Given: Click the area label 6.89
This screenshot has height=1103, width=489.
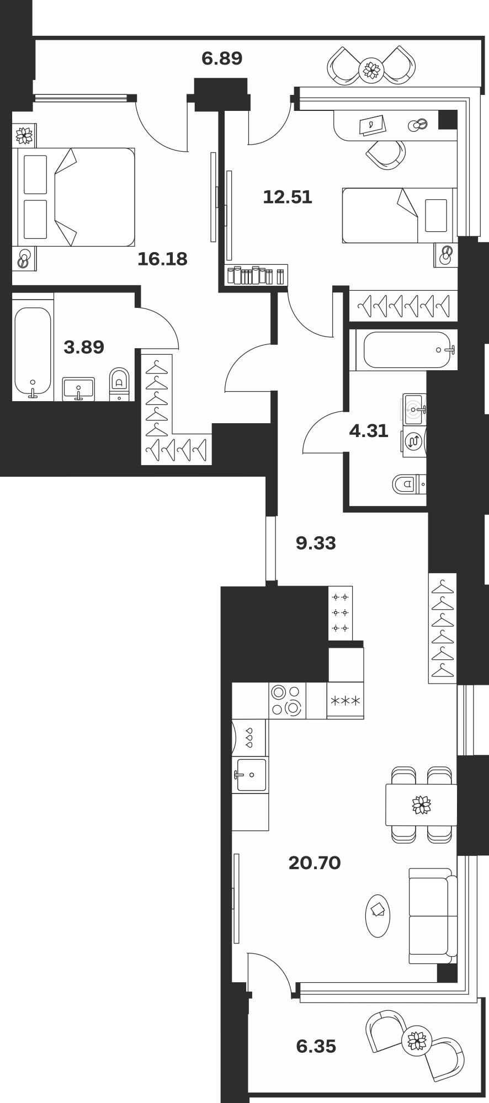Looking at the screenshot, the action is tap(222, 58).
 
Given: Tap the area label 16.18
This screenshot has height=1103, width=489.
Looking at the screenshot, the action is tap(162, 258).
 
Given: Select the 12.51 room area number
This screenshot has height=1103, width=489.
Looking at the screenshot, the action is tap(288, 197).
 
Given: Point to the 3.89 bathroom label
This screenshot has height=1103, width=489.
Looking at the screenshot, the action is tap(84, 347).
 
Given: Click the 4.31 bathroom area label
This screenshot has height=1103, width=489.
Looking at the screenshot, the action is tap(369, 430).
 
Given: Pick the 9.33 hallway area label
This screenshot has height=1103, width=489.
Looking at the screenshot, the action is tap(316, 543).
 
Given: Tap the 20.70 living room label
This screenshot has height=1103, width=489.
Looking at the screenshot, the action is tap(315, 862).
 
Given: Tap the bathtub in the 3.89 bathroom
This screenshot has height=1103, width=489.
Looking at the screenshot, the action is tap(33, 352).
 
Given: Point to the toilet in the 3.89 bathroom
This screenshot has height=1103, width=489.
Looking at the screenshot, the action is tap(119, 383).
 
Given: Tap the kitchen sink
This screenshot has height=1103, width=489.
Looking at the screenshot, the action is tap(251, 775).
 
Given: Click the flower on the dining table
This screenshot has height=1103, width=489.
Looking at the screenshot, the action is tap(421, 804).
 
